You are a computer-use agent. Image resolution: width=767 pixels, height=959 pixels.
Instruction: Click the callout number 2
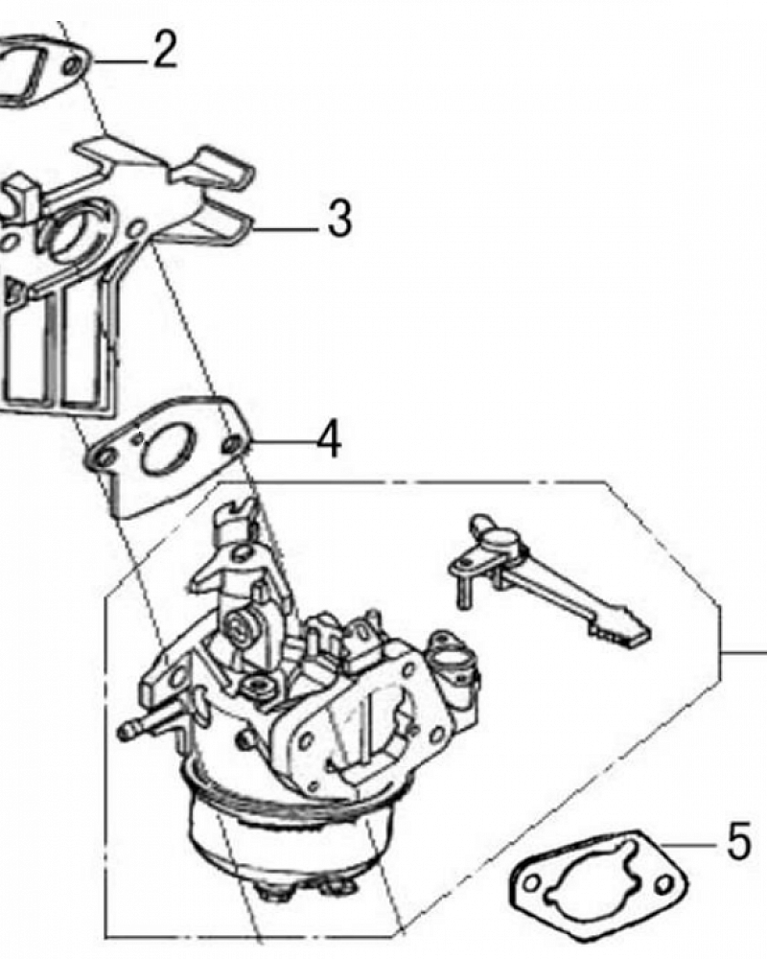tap(165, 50)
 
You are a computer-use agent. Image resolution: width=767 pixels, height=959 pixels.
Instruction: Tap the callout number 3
tap(339, 219)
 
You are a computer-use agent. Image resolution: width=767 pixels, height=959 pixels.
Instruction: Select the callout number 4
tap(329, 439)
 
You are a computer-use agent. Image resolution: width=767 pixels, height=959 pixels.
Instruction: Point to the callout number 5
tap(738, 842)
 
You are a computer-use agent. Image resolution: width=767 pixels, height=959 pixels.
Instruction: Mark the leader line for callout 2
tap(119, 61)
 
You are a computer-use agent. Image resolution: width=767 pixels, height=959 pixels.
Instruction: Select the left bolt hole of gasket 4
tap(105, 456)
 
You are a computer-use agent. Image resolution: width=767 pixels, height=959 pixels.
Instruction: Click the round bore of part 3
tap(75, 236)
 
